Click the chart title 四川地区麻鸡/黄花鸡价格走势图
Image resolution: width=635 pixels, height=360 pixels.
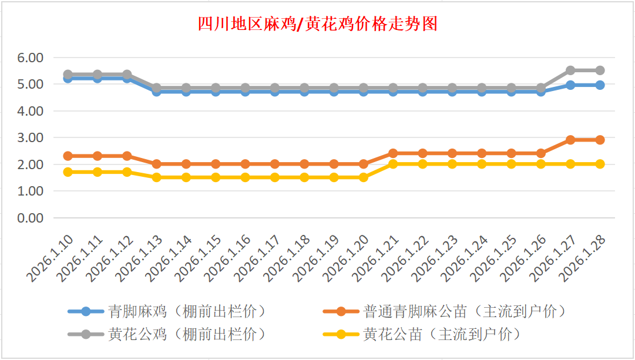click(318, 24)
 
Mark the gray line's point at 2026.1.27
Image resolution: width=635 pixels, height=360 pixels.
click(570, 70)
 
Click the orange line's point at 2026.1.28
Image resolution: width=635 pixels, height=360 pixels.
click(600, 140)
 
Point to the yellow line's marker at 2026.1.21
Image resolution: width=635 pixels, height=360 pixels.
click(393, 164)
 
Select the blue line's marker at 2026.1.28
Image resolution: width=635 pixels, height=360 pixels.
click(600, 85)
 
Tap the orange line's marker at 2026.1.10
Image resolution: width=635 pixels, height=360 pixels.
click(68, 156)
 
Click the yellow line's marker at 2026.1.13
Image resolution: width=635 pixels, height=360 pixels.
click(156, 177)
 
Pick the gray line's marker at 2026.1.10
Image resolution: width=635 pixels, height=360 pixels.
click(68, 75)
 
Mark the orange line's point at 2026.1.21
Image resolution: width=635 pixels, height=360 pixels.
click(393, 153)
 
